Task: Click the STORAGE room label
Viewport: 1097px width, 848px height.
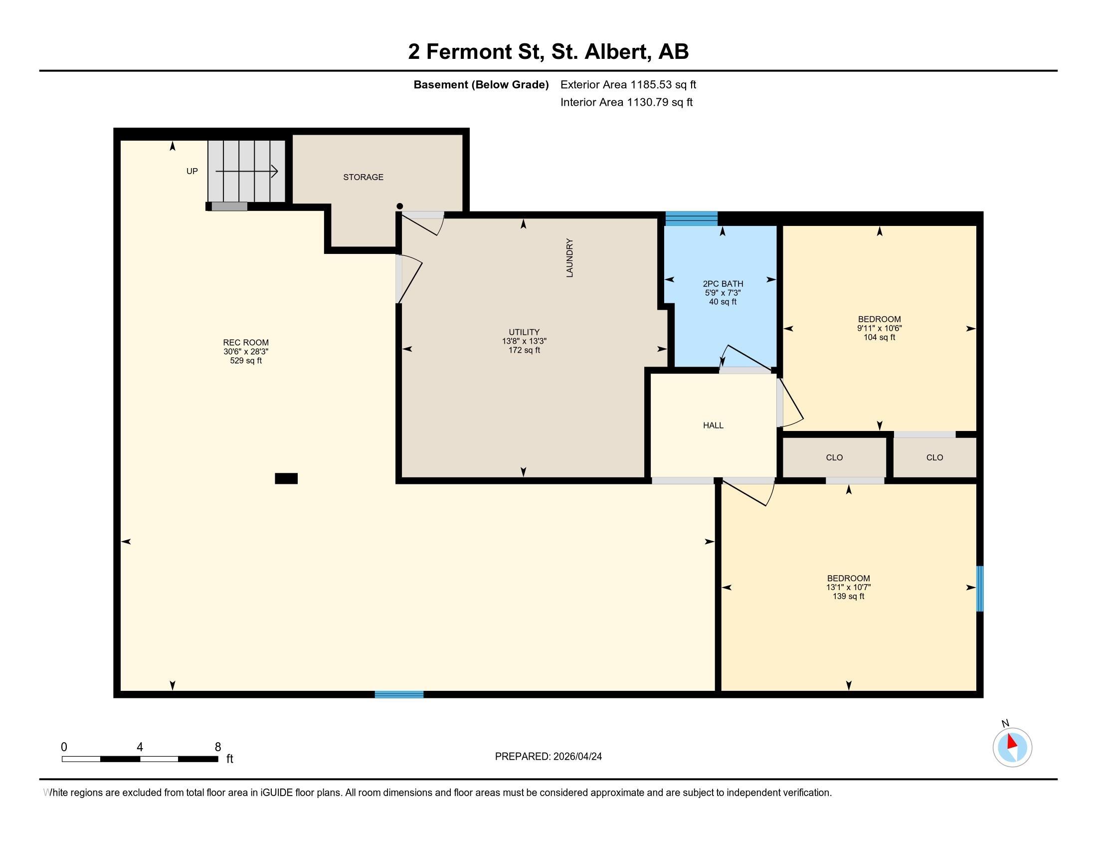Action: pos(363,177)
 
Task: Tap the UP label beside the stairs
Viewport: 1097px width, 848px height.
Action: pos(192,171)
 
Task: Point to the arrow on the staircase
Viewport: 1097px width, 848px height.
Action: pos(247,171)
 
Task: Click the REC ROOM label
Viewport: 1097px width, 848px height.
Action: pos(246,343)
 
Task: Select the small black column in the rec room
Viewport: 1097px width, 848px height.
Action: pos(286,478)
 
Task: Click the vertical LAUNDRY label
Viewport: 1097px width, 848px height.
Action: pos(569,258)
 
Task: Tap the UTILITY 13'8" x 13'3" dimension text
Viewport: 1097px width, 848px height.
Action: pos(524,341)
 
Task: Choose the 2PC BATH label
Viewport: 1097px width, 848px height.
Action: pos(723,284)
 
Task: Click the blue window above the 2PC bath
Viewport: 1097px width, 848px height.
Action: pos(691,218)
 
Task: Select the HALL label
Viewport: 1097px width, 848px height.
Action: pos(713,425)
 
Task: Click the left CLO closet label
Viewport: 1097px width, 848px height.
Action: pos(834,457)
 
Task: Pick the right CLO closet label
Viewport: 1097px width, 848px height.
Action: pos(934,457)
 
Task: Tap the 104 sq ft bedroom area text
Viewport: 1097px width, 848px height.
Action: pos(879,338)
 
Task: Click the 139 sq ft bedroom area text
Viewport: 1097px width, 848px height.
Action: pos(848,596)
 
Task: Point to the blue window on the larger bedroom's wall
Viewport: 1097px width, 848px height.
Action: pos(979,588)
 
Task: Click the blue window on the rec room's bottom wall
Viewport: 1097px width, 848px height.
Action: pos(399,694)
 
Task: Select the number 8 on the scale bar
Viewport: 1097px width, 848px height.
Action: pos(217,747)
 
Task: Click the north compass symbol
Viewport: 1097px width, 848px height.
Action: pos(1012,747)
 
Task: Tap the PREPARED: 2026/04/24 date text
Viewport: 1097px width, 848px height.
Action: pos(548,757)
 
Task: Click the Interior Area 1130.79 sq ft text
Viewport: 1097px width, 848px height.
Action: pos(626,102)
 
